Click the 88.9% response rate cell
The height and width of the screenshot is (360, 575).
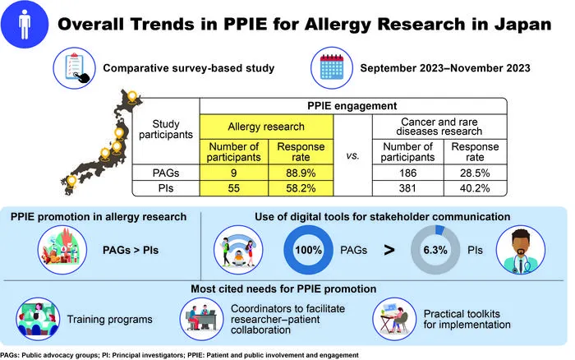pos(301,173)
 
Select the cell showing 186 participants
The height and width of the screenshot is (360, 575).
pos(407,173)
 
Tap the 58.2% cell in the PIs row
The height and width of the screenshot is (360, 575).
pos(301,188)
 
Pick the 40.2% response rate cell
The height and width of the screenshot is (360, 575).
pos(475,188)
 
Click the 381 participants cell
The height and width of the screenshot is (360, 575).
pos(407,188)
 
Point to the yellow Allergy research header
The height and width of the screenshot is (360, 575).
pos(266,127)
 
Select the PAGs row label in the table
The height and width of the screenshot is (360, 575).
pos(166,173)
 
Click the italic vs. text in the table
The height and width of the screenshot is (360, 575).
pos(352,155)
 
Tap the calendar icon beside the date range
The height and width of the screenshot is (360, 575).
pos(332,67)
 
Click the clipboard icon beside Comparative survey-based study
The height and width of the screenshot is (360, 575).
pos(75,68)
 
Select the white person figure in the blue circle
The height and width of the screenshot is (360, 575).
pos(24,24)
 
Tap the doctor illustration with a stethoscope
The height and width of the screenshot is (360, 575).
pos(520,251)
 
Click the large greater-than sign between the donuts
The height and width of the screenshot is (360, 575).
pos(389,250)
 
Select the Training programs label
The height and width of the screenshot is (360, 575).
pos(109,319)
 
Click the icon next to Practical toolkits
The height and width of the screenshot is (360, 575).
pos(394,319)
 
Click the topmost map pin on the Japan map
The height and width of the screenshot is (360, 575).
pos(132,97)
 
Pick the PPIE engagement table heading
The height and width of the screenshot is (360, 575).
pos(352,106)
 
